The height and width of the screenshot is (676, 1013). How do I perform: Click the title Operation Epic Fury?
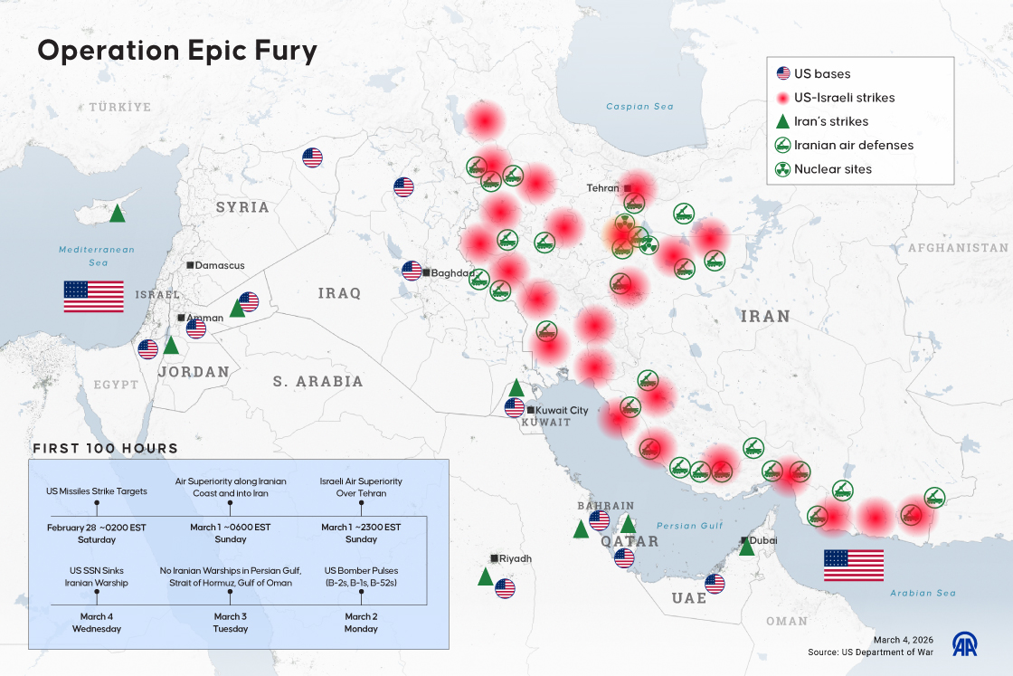(x=176, y=52)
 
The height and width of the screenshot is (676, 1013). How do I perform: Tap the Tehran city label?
(x=602, y=188)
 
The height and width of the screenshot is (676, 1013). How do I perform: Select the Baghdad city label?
(x=452, y=272)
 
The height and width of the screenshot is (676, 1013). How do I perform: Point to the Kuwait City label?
(x=563, y=410)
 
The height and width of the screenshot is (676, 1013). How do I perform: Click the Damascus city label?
(x=220, y=265)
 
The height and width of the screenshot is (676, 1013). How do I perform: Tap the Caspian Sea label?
(x=639, y=107)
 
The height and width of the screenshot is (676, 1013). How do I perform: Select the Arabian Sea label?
(x=922, y=594)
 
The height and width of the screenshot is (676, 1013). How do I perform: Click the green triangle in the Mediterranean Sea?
(x=117, y=214)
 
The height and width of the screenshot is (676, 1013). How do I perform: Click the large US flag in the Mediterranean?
(x=93, y=297)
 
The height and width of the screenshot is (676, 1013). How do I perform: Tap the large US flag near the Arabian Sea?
(x=853, y=565)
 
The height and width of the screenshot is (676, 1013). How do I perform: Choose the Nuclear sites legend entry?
(x=832, y=169)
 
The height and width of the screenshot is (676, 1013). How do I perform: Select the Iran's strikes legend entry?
(x=830, y=121)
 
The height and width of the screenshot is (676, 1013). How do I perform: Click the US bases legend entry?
(x=821, y=74)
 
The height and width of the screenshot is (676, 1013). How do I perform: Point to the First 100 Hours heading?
(x=105, y=449)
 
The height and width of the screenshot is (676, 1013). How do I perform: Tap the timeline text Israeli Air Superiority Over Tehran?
(x=361, y=487)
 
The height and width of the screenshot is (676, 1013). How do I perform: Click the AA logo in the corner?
(x=964, y=643)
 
